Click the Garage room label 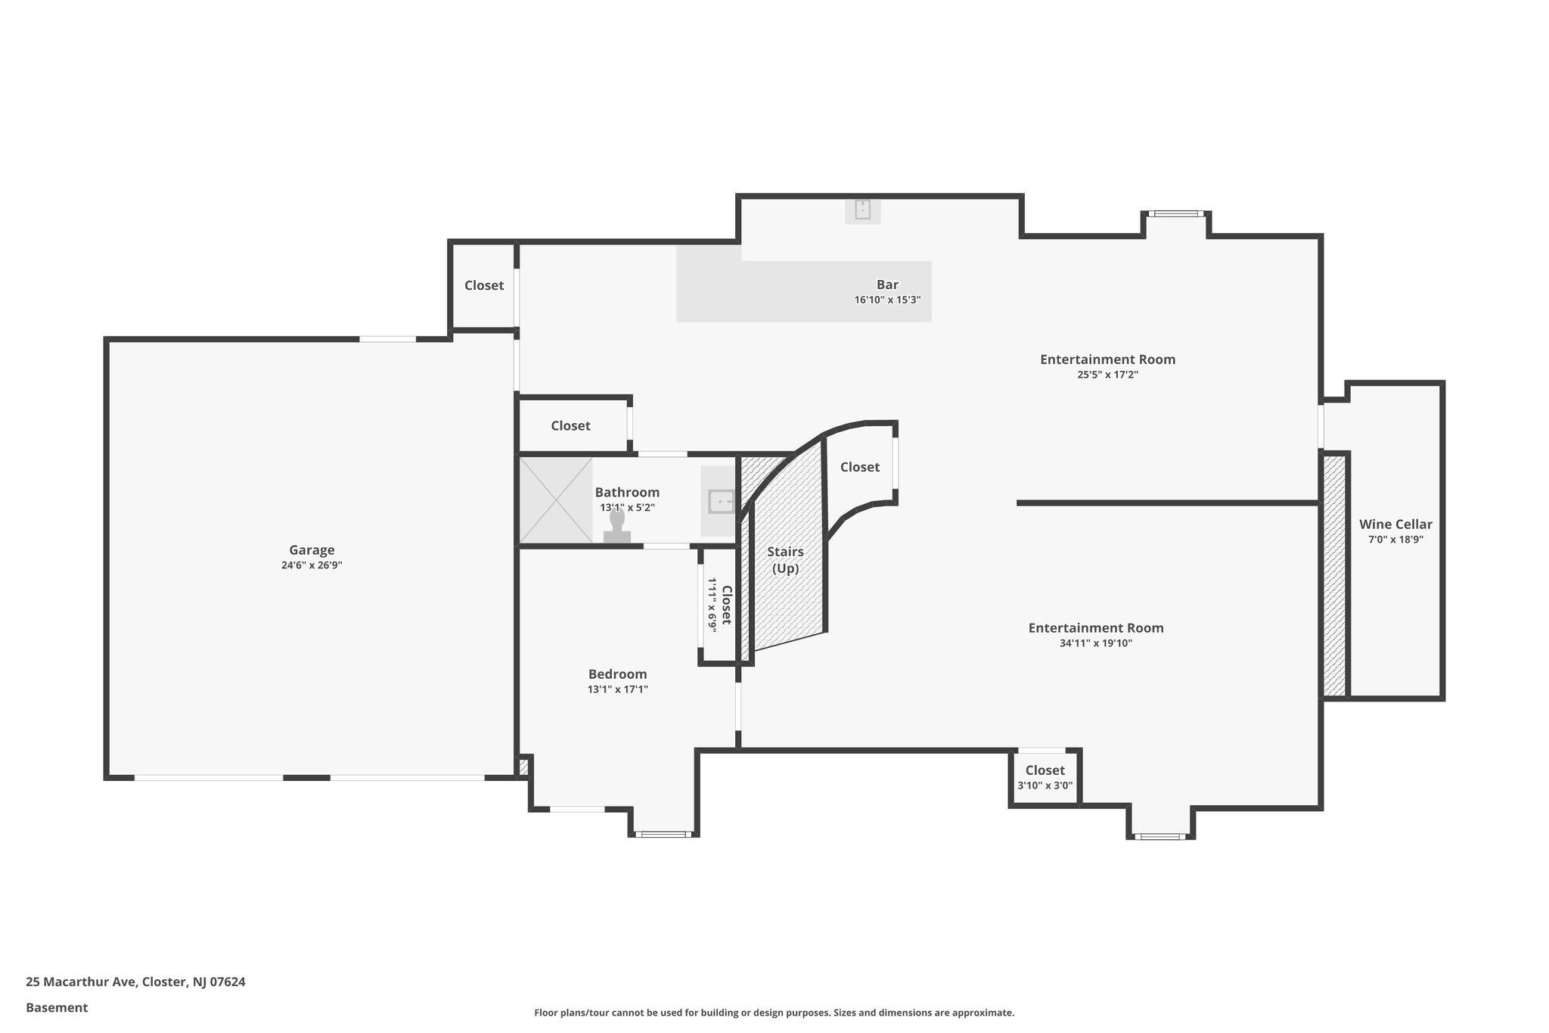click(312, 550)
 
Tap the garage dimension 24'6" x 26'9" click(312, 565)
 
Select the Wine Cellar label click(1395, 524)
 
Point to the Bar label click(887, 285)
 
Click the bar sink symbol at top click(863, 210)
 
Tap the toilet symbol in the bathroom click(617, 527)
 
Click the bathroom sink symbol click(720, 501)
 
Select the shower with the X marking click(556, 499)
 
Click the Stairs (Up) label click(785, 560)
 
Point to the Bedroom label click(618, 674)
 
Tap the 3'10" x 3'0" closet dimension click(1045, 786)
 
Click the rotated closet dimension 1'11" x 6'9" click(712, 604)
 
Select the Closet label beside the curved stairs click(860, 467)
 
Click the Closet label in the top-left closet click(484, 285)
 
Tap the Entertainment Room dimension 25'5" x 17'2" click(1107, 375)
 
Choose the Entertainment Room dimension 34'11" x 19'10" click(1096, 644)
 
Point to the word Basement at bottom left click(57, 1008)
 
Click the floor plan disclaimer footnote click(774, 1013)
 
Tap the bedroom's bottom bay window click(663, 834)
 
